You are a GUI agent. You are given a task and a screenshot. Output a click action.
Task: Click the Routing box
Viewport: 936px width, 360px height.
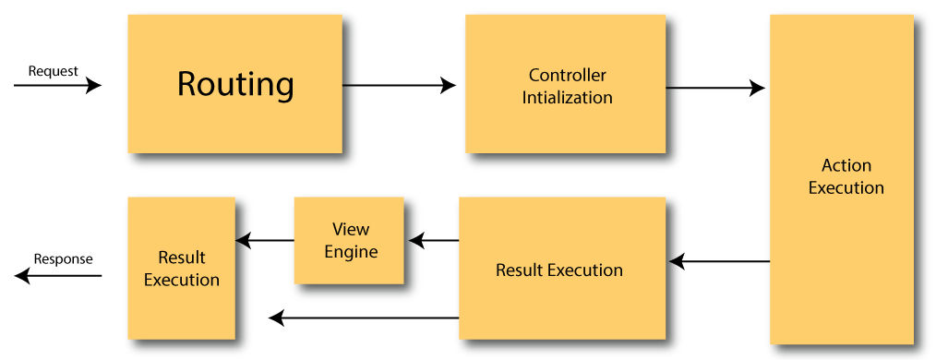click(x=235, y=85)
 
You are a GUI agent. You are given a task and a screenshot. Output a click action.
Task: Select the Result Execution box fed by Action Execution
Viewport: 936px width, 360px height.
click(x=558, y=270)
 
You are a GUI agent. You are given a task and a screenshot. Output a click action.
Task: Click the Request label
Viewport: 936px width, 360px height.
click(x=53, y=71)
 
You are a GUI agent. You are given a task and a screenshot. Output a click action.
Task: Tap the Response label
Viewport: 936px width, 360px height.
click(x=63, y=259)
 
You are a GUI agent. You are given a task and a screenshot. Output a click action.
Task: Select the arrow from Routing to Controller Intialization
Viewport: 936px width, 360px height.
click(x=406, y=86)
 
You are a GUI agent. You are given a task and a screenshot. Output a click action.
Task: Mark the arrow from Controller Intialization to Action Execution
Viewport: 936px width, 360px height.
click(x=720, y=89)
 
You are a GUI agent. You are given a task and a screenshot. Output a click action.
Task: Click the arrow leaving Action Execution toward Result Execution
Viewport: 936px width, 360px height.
click(x=720, y=262)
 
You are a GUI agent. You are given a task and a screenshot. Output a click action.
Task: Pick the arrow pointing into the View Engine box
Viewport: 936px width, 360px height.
click(x=434, y=241)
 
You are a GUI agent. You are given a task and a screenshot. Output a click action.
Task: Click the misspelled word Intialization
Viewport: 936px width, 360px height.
click(x=567, y=96)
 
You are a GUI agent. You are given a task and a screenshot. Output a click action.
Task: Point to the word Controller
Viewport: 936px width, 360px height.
click(x=567, y=75)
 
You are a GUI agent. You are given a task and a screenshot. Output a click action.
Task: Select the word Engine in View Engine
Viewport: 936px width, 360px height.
click(x=351, y=250)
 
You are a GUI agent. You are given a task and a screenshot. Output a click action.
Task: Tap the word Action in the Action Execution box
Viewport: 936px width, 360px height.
click(x=846, y=166)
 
